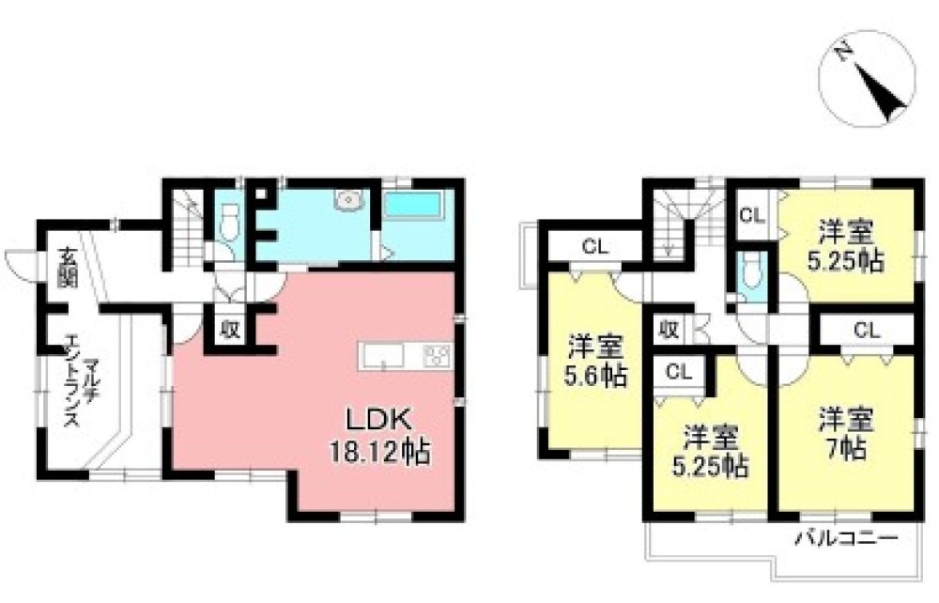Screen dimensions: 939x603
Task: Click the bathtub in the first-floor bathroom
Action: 412,206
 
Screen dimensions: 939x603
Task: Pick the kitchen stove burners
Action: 438,356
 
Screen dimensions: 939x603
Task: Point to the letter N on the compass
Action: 844,52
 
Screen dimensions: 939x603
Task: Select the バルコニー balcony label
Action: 846,538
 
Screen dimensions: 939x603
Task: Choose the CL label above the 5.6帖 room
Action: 595,247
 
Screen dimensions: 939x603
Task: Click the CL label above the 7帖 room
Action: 867,330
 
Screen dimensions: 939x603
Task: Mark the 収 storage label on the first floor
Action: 229,330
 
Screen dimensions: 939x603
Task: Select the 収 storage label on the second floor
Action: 668,330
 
